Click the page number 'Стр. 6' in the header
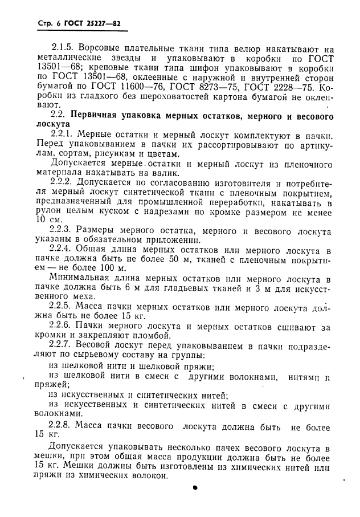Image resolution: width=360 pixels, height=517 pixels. coord(34,25)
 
